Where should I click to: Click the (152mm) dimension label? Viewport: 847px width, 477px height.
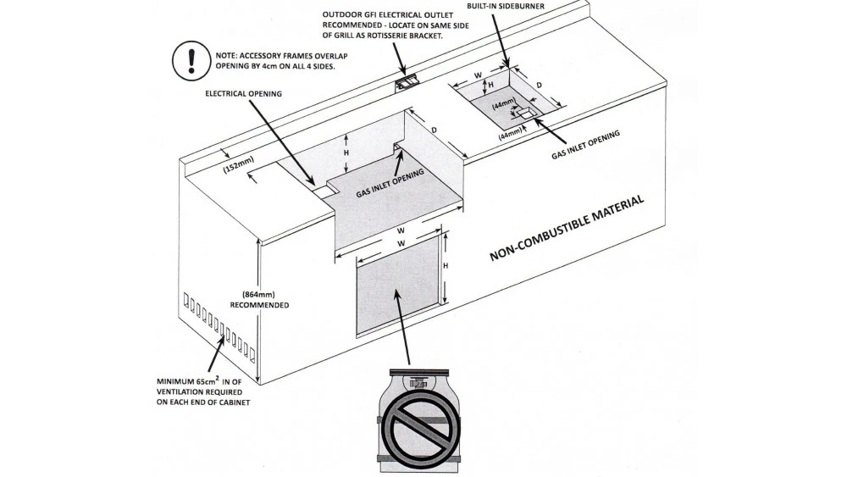239,168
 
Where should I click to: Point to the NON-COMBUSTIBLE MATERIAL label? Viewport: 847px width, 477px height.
567,229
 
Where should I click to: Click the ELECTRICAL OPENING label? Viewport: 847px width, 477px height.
243,93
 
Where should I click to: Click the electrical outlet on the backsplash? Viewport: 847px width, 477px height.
407,82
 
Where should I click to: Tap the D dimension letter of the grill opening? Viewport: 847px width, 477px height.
434,130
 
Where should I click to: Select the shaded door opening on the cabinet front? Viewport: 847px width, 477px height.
396,285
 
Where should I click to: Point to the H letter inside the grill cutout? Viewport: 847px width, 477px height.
346,151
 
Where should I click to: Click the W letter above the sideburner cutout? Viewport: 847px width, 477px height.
478,75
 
